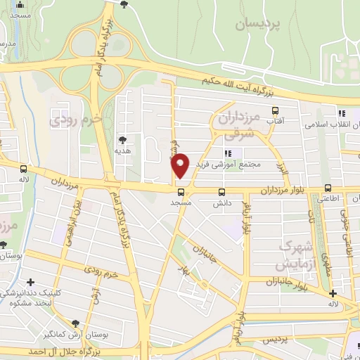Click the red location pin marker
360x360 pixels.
click(181, 165)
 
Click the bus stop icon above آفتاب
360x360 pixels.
click(275, 110)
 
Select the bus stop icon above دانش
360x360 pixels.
click(223, 191)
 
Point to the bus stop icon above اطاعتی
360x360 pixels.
click(328, 188)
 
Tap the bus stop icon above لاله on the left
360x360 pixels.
click(25, 169)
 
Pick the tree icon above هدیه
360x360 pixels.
click(123, 140)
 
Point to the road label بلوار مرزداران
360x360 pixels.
click(285, 191)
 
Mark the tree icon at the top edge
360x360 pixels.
click(124, 4)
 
